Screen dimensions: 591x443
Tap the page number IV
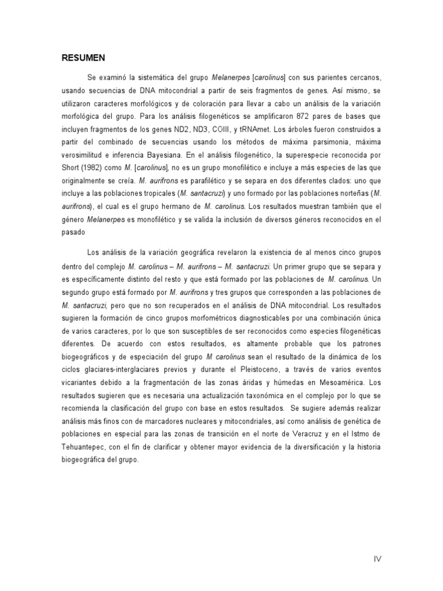click(x=377, y=558)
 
